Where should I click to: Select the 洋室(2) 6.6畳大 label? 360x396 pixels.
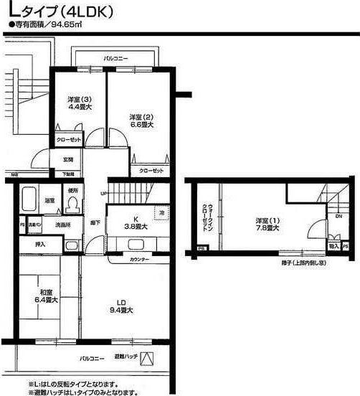pos(140,121)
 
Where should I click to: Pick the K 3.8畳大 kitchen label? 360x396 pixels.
pos(135,223)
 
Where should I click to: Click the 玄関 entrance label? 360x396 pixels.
pos(68,160)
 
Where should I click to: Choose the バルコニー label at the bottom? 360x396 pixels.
pos(91,357)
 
